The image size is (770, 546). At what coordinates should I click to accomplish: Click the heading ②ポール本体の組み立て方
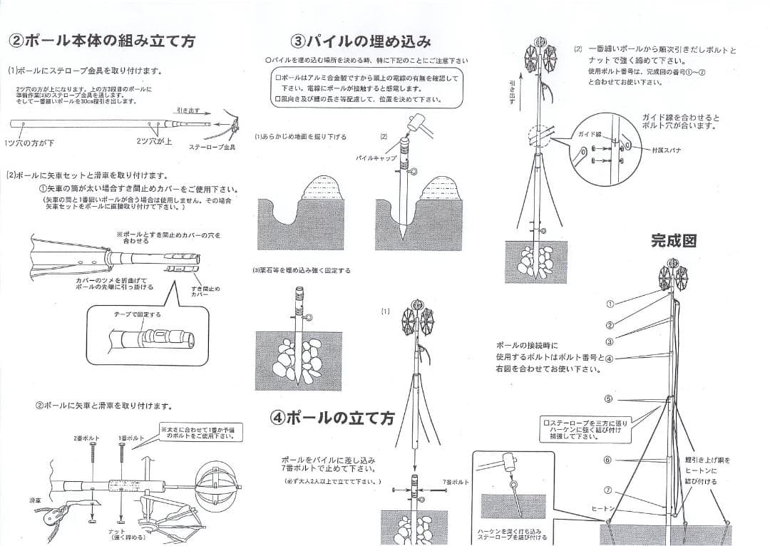101,41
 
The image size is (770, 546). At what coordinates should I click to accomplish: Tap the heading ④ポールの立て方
332,418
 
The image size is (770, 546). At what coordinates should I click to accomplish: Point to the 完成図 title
673,240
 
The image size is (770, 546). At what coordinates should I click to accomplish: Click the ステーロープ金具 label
212,147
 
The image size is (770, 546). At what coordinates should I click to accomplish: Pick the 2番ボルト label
86,438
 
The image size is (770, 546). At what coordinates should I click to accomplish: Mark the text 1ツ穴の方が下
31,143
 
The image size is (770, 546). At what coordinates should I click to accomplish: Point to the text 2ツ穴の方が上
154,141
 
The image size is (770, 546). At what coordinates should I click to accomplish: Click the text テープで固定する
138,314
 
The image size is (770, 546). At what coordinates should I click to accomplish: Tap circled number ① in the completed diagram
610,303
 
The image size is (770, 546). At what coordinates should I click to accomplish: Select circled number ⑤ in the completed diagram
608,398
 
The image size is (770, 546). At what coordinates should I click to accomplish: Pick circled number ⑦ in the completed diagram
608,490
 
